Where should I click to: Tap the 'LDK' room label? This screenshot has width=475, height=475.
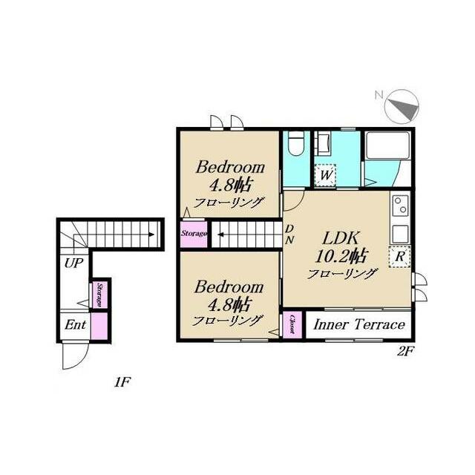341,239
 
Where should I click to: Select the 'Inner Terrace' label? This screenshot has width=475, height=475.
358,325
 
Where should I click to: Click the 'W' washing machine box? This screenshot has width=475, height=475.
325,176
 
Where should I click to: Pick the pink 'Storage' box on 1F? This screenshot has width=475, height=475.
99,294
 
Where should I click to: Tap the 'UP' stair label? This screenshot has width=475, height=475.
73,263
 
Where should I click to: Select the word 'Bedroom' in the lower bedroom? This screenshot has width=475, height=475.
229,286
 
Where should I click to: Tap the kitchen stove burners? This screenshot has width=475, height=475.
400,203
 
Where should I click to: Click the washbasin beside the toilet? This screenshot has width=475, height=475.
324,144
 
